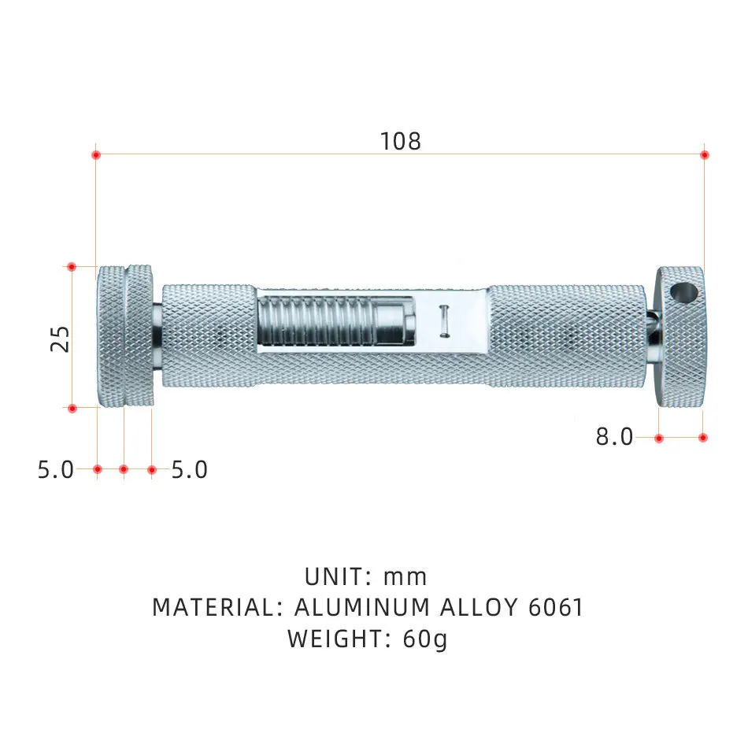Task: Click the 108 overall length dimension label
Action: (401, 141)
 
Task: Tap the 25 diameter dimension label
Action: (61, 338)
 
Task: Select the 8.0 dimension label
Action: (614, 437)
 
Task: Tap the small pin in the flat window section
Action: (444, 321)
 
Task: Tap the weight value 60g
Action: (425, 639)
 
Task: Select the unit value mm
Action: (405, 577)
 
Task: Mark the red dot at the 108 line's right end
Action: (705, 154)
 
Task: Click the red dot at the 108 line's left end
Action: (96, 154)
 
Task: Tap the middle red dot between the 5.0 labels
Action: (124, 469)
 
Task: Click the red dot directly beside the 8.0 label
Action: (659, 437)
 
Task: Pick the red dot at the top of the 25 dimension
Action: (72, 267)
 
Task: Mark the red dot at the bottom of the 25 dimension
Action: (72, 408)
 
